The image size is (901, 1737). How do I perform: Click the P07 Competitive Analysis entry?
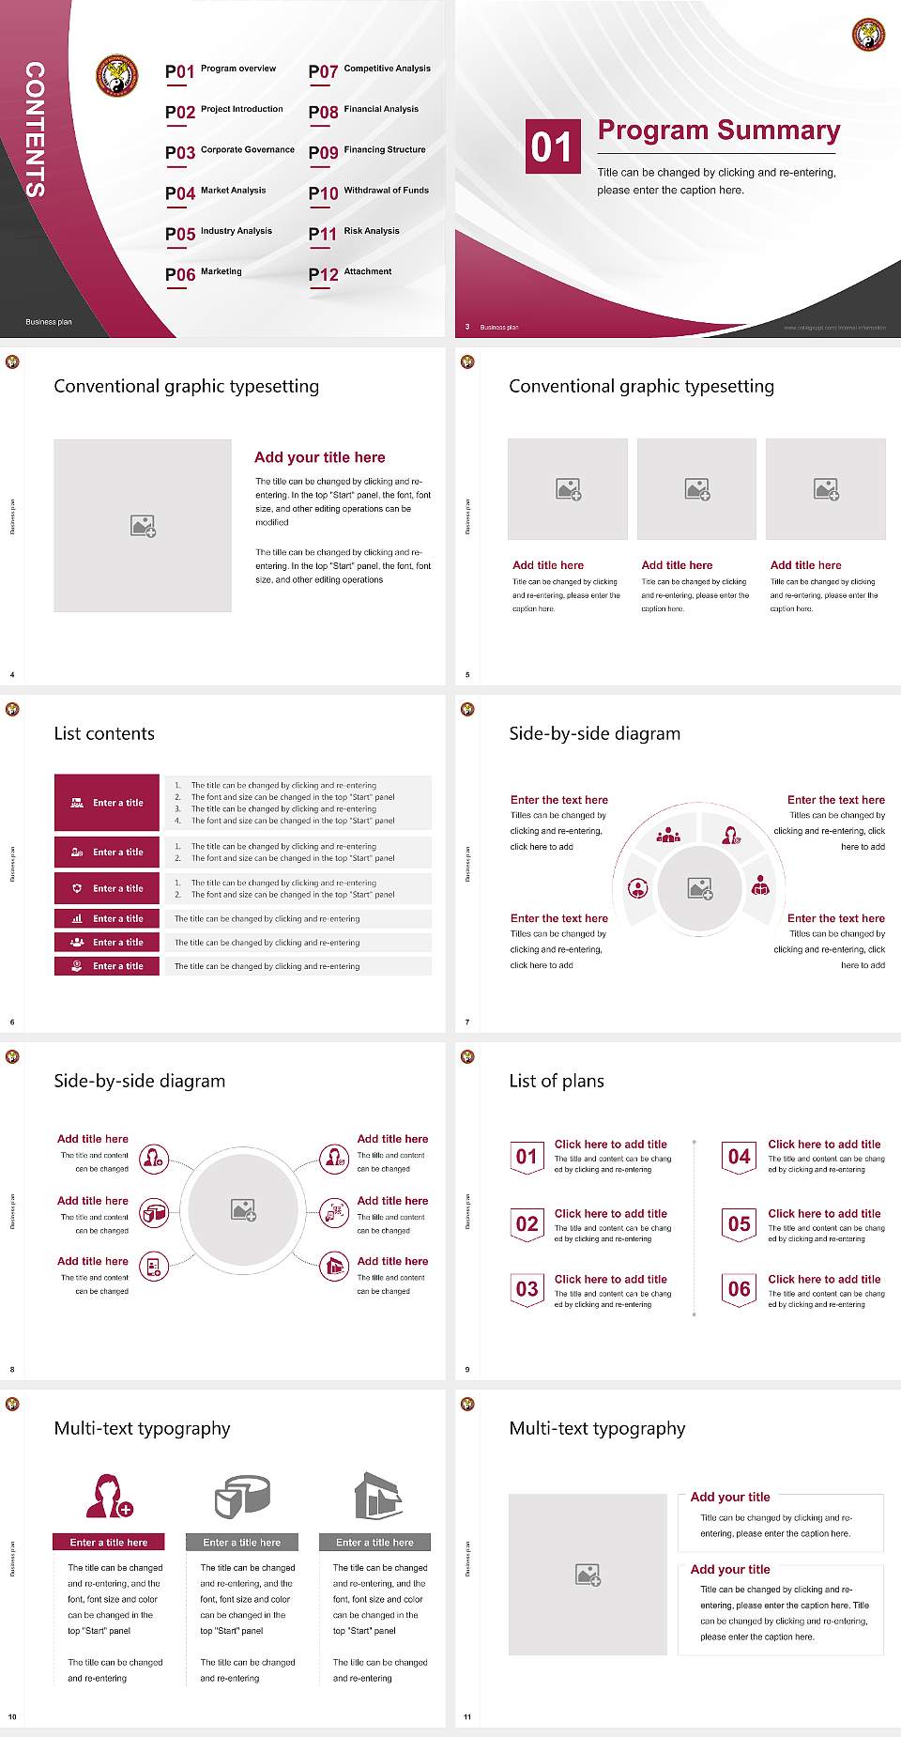[x=370, y=70]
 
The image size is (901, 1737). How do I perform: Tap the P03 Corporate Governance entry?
[x=230, y=151]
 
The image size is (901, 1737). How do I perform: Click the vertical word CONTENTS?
[x=35, y=130]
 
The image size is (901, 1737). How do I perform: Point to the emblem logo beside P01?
[x=117, y=76]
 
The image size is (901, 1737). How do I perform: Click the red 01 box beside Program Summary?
[x=552, y=146]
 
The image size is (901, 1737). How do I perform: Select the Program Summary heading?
[x=718, y=131]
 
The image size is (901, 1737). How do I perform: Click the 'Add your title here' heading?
[x=319, y=457]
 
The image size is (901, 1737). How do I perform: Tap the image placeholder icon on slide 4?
[x=143, y=526]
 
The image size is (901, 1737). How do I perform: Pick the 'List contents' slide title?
[x=104, y=733]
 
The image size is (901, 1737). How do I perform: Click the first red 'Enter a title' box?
[x=108, y=803]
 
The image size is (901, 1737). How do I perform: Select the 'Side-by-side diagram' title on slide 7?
[x=594, y=733]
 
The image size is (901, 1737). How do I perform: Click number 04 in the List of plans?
[x=740, y=1157]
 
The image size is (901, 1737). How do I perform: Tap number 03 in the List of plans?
[x=527, y=1289]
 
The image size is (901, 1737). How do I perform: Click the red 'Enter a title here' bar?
[x=109, y=1542]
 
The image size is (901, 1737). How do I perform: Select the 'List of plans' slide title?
[x=556, y=1081]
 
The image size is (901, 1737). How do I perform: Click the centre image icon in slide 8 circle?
[x=244, y=1210]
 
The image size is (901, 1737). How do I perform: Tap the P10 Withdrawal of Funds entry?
[x=369, y=192]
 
